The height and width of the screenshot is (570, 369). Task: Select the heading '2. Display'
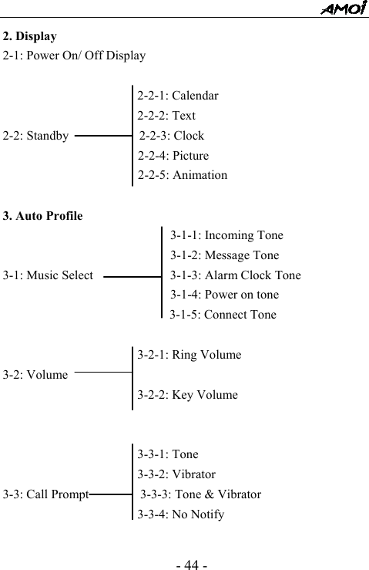29,36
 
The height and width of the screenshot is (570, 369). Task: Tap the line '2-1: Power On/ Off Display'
74,56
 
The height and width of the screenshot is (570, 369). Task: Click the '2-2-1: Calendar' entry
177,96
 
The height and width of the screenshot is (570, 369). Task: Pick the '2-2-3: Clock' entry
172,136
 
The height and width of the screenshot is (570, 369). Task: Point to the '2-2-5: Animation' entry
183,175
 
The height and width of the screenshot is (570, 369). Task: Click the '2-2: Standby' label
35,137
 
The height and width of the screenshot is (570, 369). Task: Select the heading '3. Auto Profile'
43,215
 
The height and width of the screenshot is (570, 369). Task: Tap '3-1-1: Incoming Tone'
226,235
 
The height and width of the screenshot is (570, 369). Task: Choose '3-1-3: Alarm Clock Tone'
235,275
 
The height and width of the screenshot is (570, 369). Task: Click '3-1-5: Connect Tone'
223,315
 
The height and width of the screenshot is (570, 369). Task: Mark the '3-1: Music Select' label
48,275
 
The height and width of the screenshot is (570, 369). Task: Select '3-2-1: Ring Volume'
189,356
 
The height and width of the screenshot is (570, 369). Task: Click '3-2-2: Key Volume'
187,395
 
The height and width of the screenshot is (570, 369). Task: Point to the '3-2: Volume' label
35,376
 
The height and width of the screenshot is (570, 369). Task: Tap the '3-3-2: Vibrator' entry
176,474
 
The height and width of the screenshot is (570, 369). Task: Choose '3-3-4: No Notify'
181,514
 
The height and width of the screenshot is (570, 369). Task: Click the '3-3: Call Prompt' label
45,494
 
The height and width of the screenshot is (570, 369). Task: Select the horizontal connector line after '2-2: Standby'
103,137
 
